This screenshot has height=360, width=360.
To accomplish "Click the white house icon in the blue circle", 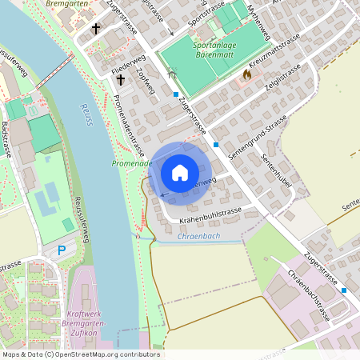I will pyautogui.click(x=179, y=172).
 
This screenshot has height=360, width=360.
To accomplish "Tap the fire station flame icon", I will pyautogui.click(x=246, y=74).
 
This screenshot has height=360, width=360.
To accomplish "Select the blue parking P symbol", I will pyautogui.click(x=62, y=250).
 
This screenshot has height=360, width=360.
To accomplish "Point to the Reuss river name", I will pyautogui.click(x=86, y=114).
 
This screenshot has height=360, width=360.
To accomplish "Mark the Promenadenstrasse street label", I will pyautogui.click(x=128, y=125).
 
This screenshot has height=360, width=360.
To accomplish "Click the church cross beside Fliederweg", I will pyautogui.click(x=121, y=80).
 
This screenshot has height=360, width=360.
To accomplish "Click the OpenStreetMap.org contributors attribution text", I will pyautogui.click(x=109, y=354).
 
